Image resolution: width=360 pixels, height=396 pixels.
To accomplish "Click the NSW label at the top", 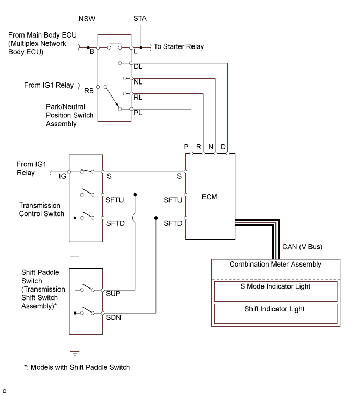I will [87, 19].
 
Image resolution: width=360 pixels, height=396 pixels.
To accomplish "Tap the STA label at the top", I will [140, 19].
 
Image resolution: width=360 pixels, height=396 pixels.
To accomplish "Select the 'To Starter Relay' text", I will [179, 46].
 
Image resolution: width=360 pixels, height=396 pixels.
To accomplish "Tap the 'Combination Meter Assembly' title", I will [270, 265].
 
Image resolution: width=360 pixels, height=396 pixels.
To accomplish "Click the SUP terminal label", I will [113, 294].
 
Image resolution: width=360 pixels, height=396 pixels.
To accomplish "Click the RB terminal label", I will [89, 91].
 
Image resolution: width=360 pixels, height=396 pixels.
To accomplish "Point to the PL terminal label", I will [138, 112].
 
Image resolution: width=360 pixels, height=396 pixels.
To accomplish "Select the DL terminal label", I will [138, 67].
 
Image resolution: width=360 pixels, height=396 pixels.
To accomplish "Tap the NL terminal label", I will [138, 82].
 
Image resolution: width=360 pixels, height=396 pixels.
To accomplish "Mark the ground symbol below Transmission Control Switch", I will [75, 257].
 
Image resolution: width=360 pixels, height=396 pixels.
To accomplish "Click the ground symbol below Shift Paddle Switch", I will [75, 353].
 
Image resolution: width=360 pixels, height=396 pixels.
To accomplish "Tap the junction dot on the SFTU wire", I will [135, 194].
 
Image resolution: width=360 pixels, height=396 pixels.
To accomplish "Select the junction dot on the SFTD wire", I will [156, 218].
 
